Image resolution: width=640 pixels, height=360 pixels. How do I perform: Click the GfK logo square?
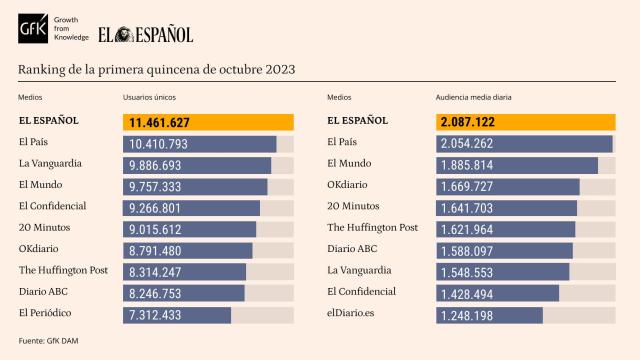(32, 30)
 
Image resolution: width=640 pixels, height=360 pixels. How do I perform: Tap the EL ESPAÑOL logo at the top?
(145, 33)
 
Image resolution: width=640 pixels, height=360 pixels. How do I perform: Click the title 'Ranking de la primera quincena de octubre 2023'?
(156, 69)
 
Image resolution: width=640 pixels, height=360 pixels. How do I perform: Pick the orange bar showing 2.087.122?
(526, 123)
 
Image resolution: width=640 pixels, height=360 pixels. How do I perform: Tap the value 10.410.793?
(165, 145)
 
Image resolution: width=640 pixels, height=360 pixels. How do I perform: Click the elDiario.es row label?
(356, 313)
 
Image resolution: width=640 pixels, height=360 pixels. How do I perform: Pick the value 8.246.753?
(165, 294)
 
